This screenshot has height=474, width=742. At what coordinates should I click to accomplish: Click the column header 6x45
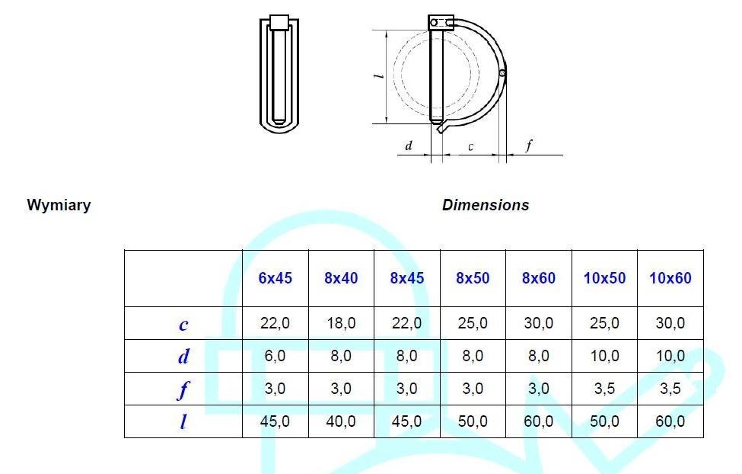(x=275, y=278)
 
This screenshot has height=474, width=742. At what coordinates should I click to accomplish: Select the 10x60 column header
(x=670, y=278)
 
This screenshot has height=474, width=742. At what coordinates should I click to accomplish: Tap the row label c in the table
(x=183, y=324)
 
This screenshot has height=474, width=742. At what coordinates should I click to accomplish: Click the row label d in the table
(x=183, y=357)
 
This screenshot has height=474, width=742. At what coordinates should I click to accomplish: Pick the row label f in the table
(x=183, y=390)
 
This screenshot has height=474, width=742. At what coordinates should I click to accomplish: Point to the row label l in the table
(x=183, y=421)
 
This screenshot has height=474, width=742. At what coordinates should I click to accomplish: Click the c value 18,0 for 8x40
(x=341, y=323)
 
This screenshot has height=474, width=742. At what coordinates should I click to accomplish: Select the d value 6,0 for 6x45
(x=275, y=356)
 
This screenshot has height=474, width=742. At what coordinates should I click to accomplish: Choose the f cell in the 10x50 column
(x=604, y=389)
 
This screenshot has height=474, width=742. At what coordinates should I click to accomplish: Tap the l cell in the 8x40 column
(x=341, y=421)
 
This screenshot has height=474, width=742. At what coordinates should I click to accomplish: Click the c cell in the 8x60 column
(x=538, y=323)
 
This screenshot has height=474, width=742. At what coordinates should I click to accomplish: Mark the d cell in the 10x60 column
(x=670, y=356)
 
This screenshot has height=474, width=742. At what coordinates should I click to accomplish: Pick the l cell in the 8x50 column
(x=473, y=421)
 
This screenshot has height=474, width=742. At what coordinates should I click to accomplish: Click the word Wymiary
(x=59, y=205)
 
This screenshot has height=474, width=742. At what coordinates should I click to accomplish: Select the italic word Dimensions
(x=485, y=205)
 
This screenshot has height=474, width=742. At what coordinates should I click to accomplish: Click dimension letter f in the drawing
(x=529, y=146)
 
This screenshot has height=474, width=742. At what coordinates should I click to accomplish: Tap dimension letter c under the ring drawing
(x=470, y=146)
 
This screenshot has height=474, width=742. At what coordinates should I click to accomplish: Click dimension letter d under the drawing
(x=409, y=146)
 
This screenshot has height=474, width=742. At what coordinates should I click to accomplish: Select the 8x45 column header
(x=406, y=278)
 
